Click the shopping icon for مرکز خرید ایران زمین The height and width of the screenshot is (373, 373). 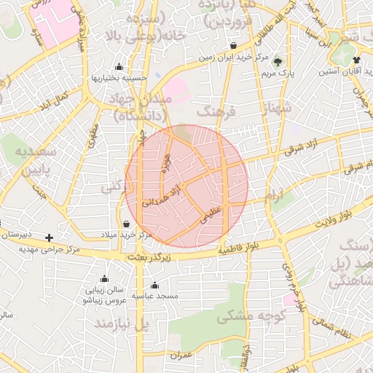[x=233, y=45]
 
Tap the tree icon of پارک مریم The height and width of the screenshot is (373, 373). [x=278, y=61]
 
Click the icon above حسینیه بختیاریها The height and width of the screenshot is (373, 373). [x=119, y=66]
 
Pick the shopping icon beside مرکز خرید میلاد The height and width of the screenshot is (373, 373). [x=128, y=224]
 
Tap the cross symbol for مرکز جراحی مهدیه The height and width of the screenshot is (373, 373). [x=49, y=237]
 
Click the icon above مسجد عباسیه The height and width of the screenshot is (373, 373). [x=154, y=285]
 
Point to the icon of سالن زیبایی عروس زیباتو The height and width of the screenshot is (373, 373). [x=103, y=278]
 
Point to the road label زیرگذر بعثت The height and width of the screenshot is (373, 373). [x=149, y=257]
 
